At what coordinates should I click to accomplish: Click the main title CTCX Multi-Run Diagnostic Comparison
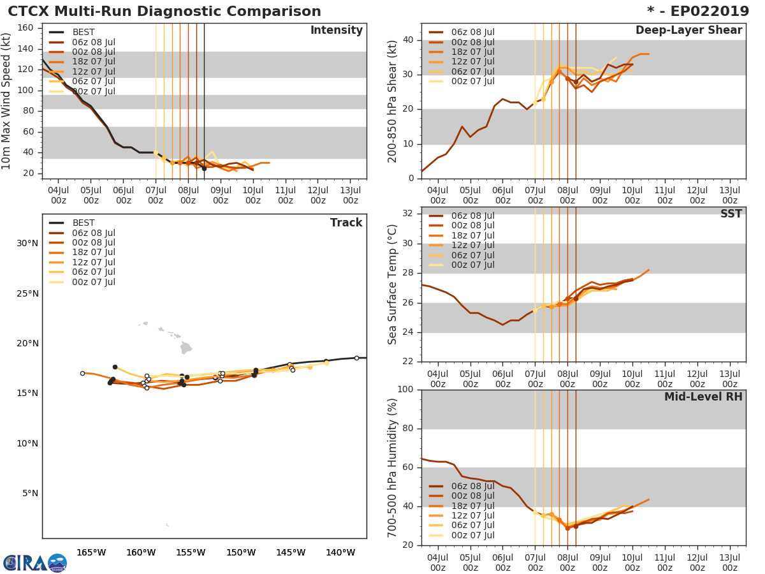point(164,11)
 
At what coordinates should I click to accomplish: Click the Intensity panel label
point(336,31)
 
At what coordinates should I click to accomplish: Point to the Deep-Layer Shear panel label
point(688,31)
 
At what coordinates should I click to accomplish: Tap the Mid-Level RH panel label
point(703,397)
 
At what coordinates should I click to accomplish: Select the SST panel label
point(731,214)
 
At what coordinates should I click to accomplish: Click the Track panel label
point(346,223)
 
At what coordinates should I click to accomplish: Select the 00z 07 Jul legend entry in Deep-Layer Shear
point(472,81)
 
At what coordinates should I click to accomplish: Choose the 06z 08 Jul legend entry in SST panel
point(472,216)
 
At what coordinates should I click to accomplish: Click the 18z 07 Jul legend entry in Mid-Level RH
point(472,506)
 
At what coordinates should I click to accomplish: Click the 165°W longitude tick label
point(91,552)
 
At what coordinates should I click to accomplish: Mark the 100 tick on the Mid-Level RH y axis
point(405,390)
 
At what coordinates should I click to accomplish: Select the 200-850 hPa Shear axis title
point(393,101)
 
